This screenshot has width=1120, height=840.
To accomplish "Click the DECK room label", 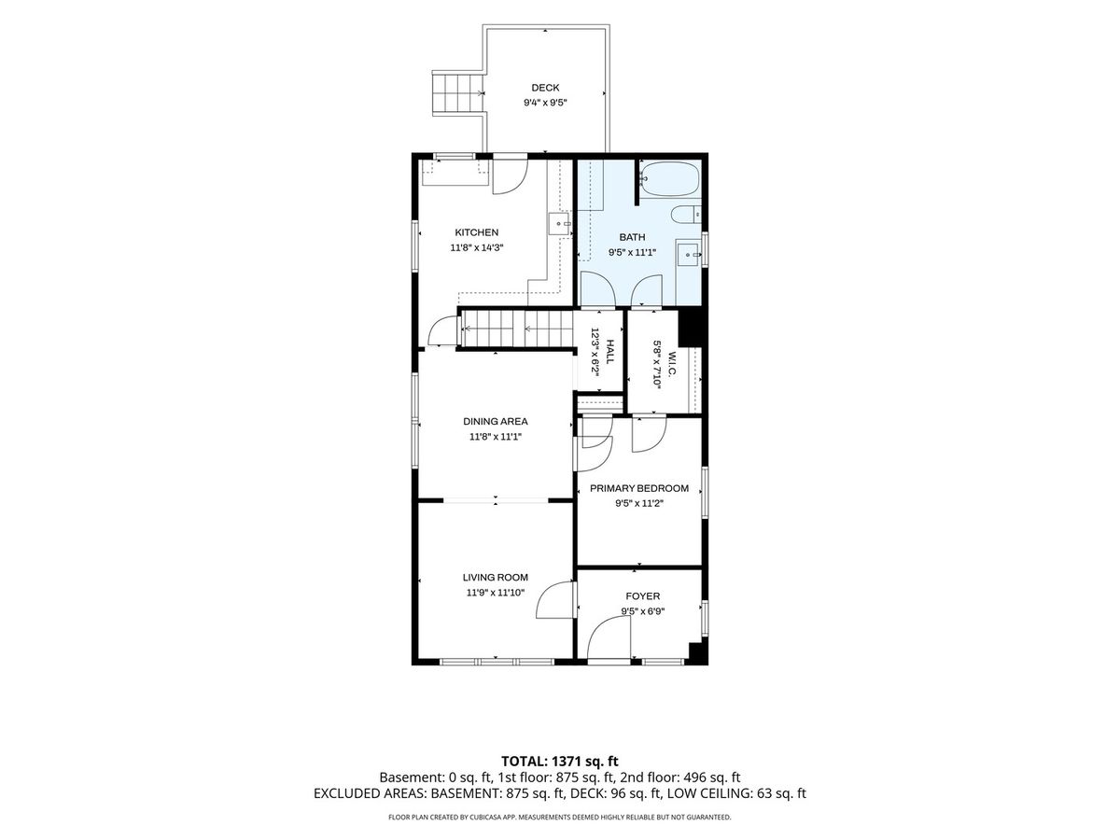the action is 545,88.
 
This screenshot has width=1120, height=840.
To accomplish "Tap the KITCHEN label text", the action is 477,232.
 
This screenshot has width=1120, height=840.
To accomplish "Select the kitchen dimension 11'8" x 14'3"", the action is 477,248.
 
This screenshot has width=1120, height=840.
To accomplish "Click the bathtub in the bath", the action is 669,178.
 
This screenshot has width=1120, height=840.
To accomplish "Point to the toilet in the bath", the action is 686,215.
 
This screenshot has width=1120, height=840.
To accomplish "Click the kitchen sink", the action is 560,223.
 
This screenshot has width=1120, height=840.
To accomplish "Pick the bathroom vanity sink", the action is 689,254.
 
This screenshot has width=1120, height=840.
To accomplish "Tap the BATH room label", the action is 632,237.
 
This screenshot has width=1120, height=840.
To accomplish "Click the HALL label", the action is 609,352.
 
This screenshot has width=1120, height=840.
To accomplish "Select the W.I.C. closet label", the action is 671,364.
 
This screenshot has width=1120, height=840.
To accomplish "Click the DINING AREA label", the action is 495,421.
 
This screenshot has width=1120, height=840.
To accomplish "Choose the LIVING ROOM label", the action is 495,578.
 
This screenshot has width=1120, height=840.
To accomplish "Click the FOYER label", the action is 642,595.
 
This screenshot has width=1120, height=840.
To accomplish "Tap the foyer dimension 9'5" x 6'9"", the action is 642,611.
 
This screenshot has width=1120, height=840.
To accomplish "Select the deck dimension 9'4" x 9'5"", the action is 545,103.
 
